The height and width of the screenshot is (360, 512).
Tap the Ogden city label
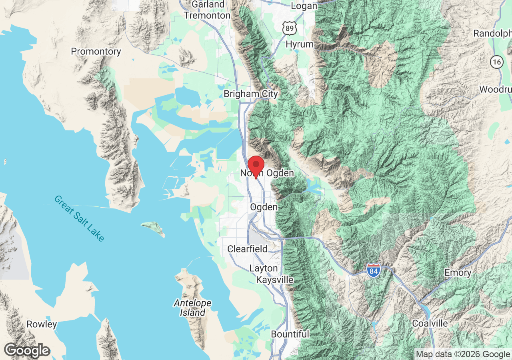(264, 207)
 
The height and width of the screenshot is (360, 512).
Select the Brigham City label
(250, 94)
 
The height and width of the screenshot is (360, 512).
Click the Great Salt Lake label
(79, 218)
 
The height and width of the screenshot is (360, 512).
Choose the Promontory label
(96, 52)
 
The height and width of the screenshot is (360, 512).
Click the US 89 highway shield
(289, 28)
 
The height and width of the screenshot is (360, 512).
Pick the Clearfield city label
(247, 249)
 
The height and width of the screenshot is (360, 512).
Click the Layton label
(263, 268)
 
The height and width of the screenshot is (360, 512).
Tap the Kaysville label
(275, 280)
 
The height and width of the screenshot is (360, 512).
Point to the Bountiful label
(290, 334)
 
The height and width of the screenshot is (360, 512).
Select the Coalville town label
(430, 323)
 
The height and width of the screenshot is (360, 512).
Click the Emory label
(458, 273)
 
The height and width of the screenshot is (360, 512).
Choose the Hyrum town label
(300, 44)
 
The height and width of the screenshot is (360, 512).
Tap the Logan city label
(304, 6)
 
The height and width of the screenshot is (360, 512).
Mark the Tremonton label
(207, 16)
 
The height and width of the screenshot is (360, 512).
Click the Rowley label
(42, 324)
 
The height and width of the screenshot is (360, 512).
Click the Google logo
(27, 351)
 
